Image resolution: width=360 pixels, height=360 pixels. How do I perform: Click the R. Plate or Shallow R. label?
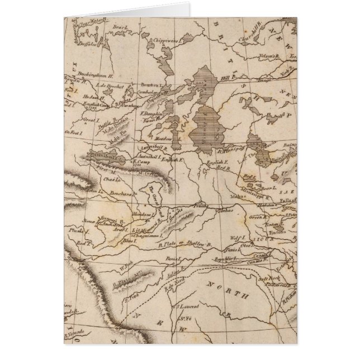point(185,244)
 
